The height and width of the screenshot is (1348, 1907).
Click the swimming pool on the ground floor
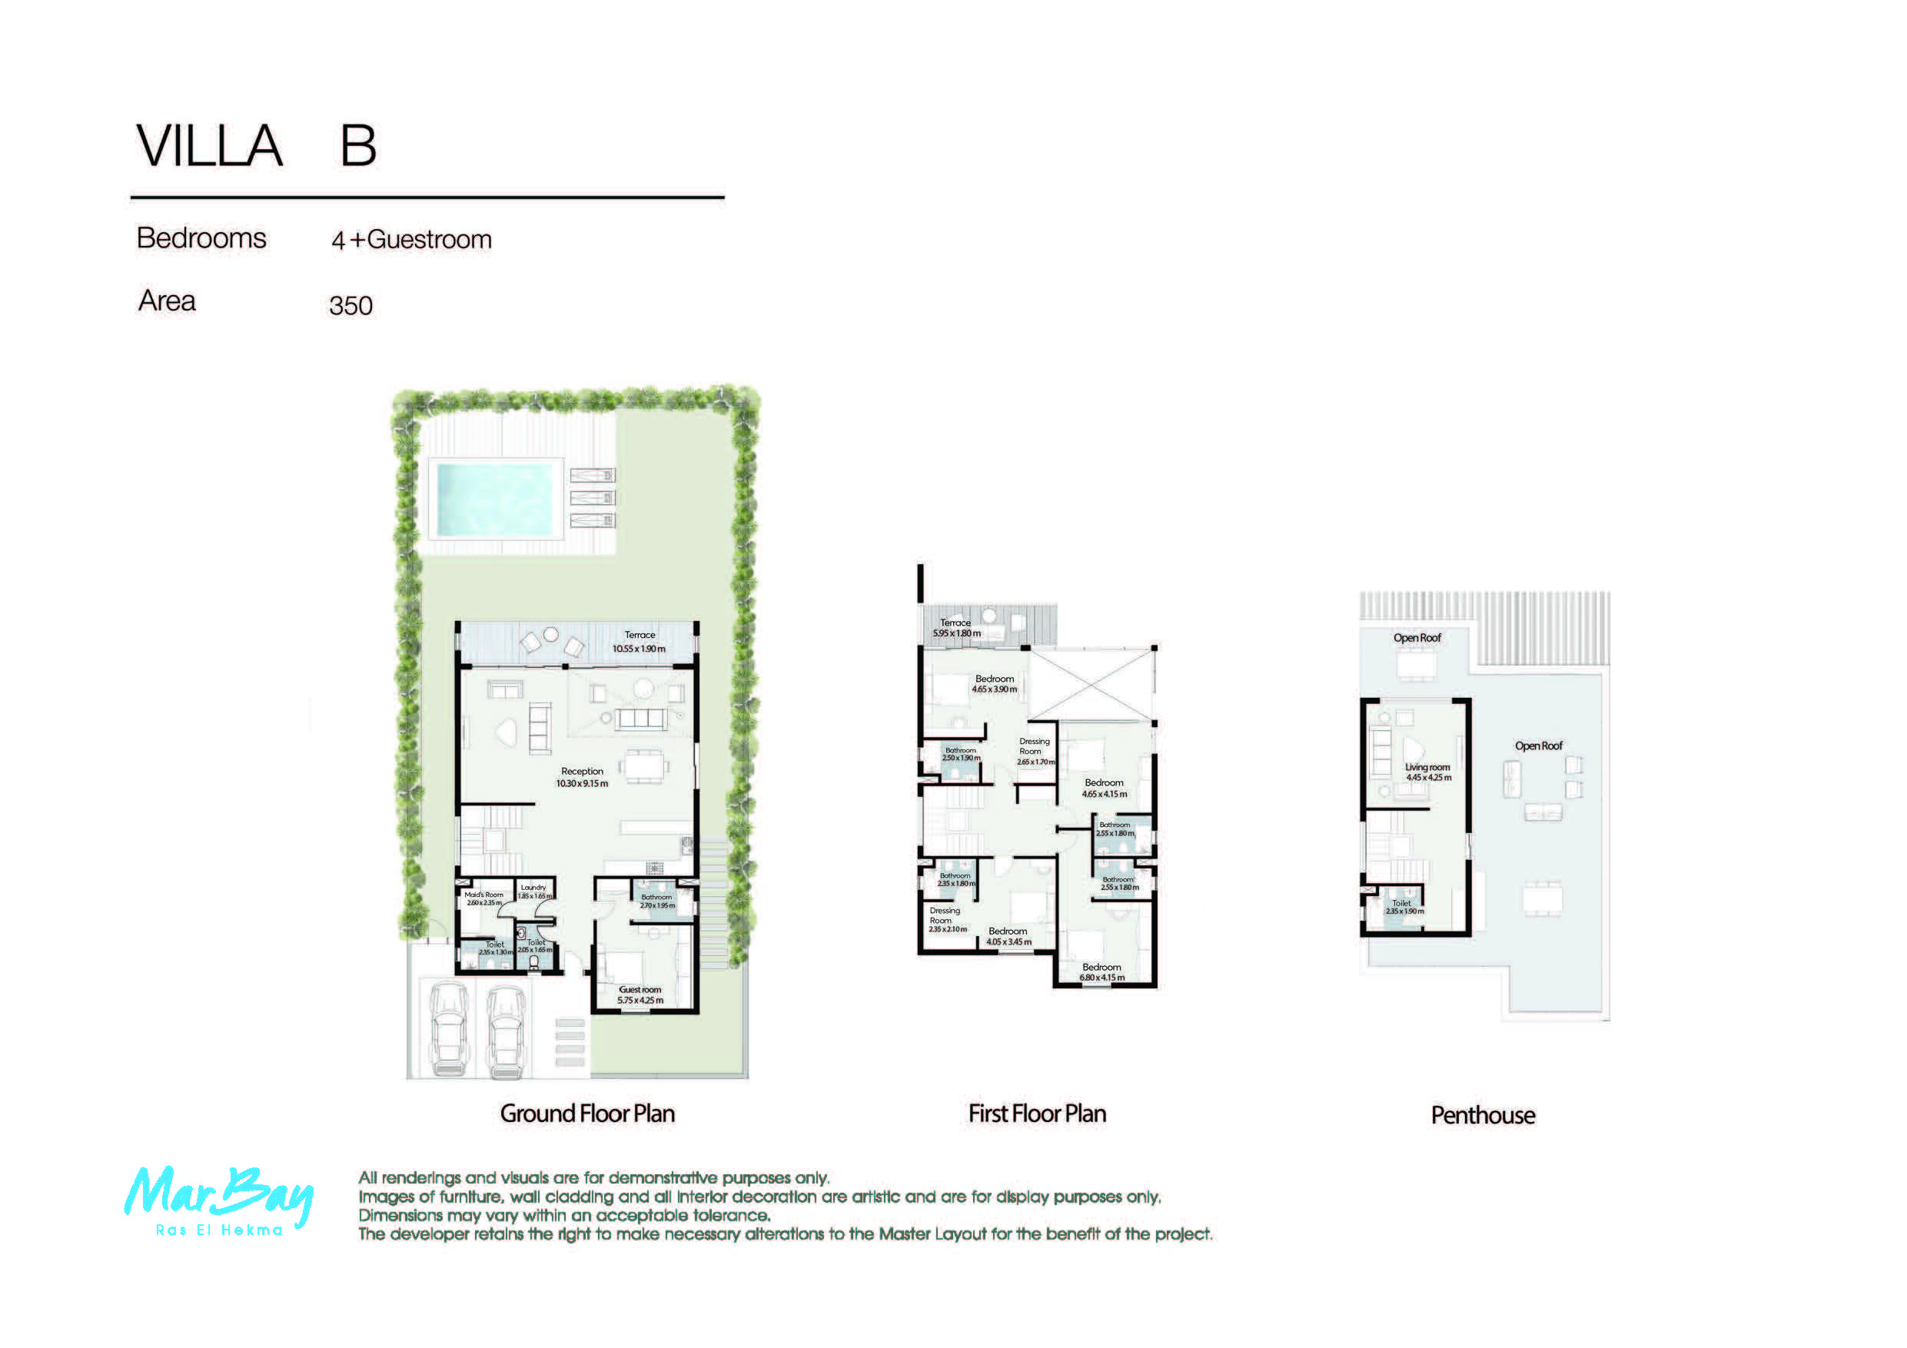point(494,500)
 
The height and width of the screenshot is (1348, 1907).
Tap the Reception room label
point(581,776)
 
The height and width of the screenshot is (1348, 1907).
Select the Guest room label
point(640,994)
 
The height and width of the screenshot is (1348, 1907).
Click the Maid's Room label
point(483,898)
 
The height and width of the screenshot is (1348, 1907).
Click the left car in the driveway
point(449,1030)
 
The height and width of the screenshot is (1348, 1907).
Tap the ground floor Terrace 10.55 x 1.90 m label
point(639,641)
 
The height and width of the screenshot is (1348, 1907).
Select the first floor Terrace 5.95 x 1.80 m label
point(956,627)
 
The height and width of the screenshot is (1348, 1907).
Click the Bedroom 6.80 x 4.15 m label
point(1101,971)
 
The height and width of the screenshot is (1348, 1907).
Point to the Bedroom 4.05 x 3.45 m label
point(1008,936)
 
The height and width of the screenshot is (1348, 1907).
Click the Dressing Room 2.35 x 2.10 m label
point(946,919)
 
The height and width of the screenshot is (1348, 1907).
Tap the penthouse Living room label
point(1428,772)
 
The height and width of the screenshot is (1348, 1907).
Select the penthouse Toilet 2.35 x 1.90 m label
point(1404,906)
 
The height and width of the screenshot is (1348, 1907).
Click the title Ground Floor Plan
point(587,1113)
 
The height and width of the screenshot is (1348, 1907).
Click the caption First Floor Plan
point(1037,1113)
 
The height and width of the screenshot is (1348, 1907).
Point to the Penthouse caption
point(1483,1114)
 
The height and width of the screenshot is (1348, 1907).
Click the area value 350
point(351,306)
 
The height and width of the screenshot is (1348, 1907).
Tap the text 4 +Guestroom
point(411,240)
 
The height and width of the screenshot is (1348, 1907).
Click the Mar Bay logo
point(219,1200)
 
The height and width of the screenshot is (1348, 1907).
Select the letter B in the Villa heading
point(358,146)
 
